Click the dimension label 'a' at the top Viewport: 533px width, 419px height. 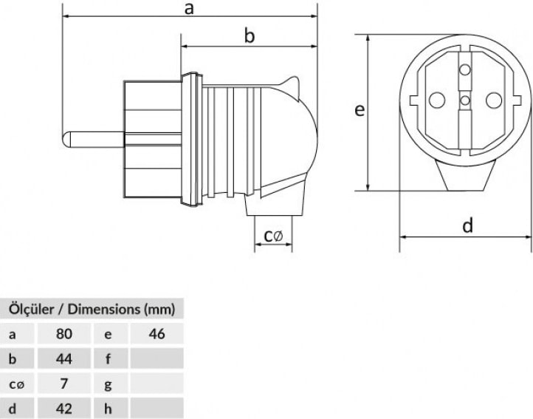(189, 9)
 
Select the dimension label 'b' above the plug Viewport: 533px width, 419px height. (250, 35)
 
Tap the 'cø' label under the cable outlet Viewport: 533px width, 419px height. (273, 236)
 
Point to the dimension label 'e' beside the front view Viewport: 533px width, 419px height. (360, 110)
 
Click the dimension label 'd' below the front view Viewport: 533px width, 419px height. (468, 225)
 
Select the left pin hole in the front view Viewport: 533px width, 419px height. (437, 100)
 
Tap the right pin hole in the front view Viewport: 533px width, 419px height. (494, 100)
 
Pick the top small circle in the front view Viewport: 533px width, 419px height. (464, 70)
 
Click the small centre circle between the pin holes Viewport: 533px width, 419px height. (464, 101)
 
